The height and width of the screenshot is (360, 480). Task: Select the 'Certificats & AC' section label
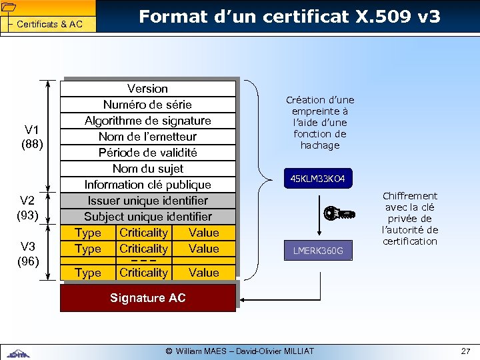point(49,25)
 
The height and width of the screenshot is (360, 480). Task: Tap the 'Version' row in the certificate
point(147,89)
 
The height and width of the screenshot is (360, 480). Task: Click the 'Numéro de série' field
point(147,105)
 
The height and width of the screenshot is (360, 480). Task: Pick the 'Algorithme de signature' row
point(147,121)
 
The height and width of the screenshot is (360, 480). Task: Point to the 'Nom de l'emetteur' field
point(147,137)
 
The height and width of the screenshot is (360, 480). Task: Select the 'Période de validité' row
point(147,153)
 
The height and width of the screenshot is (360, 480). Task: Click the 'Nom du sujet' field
point(147,169)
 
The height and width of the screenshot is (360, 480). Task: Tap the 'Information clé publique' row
point(147,185)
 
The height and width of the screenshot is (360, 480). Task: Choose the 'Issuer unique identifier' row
point(147,201)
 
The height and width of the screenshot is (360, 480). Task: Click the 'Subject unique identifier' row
point(147,217)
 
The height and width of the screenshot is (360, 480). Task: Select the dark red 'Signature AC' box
point(147,298)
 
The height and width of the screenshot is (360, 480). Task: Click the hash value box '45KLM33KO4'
point(317,179)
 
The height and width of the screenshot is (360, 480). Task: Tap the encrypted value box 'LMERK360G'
point(317,251)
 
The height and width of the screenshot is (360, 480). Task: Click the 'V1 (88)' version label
point(31,135)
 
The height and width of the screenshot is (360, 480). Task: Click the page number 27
point(465,351)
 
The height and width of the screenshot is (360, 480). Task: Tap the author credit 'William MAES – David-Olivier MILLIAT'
point(239,351)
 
